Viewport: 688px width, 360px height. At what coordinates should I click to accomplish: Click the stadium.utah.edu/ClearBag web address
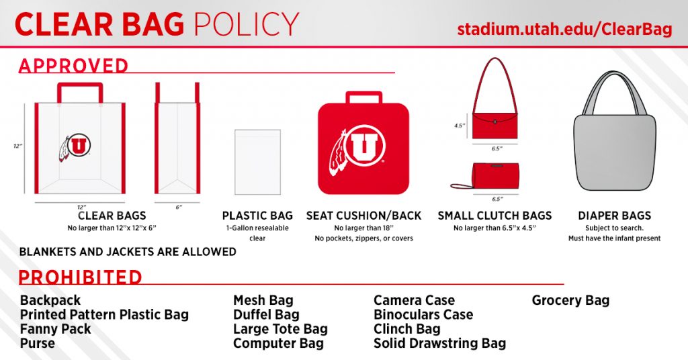pos(564,30)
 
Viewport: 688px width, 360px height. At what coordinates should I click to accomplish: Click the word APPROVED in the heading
pos(73,66)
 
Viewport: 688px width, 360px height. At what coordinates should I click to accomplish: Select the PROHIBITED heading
pos(80,277)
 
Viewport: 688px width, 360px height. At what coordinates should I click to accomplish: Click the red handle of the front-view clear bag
pos(80,88)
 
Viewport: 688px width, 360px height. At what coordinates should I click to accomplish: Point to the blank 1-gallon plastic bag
pos(257,162)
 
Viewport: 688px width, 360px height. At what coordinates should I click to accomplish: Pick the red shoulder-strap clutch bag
pos(496,124)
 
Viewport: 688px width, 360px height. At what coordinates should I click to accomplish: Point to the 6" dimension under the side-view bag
pos(179,208)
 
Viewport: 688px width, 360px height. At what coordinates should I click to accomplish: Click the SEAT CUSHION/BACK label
pos(363,216)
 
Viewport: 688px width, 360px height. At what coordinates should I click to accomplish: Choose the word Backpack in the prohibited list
pos(50,300)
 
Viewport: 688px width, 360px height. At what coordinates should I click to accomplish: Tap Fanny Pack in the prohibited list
pos(55,329)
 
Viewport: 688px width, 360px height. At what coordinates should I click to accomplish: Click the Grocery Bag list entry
pos(570,300)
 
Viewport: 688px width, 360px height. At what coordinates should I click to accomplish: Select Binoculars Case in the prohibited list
pos(423,314)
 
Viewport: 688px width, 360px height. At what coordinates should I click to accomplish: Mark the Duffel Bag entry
pos(266,314)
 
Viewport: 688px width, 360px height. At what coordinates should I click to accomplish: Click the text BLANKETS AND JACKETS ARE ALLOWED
pos(128,252)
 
